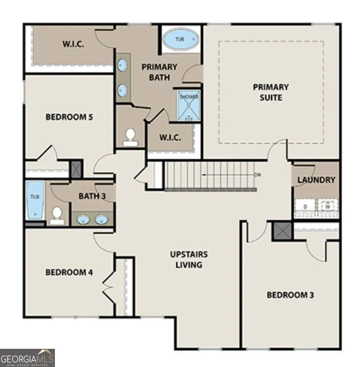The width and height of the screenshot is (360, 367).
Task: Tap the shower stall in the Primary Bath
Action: pyautogui.click(x=189, y=106)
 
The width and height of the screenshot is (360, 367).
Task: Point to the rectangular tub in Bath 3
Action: pyautogui.click(x=35, y=201)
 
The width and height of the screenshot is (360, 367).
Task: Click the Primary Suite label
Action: pyautogui.click(x=270, y=92)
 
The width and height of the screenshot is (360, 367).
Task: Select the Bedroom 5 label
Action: pyautogui.click(x=69, y=117)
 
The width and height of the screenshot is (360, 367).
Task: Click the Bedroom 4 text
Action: pyautogui.click(x=69, y=272)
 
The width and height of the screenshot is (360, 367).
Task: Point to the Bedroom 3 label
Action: pyautogui.click(x=290, y=295)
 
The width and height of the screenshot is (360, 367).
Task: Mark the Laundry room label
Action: pyautogui.click(x=316, y=180)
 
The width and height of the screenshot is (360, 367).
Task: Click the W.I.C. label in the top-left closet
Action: pyautogui.click(x=73, y=44)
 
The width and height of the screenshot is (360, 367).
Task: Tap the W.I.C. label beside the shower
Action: pyautogui.click(x=170, y=138)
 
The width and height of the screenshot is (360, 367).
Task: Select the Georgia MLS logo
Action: pyautogui.click(x=27, y=358)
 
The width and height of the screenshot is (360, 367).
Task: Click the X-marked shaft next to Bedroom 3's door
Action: pyautogui.click(x=282, y=231)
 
